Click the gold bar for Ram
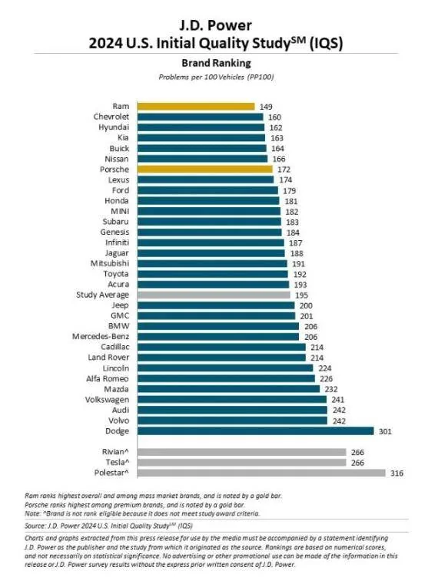coord(196,107)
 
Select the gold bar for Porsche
coord(204,170)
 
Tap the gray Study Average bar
coord(214,295)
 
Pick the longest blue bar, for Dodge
coord(255,431)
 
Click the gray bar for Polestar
coord(261,473)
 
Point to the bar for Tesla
coord(241,462)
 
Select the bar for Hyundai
coord(201,127)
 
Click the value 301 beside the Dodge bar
coord(385,431)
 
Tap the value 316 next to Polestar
coord(397,473)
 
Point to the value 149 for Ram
coord(266,107)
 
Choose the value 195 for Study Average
coord(301,295)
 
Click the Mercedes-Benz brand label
coord(101,336)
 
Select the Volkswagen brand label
coord(107,400)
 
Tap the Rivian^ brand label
coord(115,451)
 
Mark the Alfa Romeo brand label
coord(108,379)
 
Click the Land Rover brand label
coord(108,358)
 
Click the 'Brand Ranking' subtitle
coord(216,63)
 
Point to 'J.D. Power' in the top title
coord(216,25)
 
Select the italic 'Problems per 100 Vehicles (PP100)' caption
coord(216,77)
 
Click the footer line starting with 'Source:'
coord(109,526)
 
